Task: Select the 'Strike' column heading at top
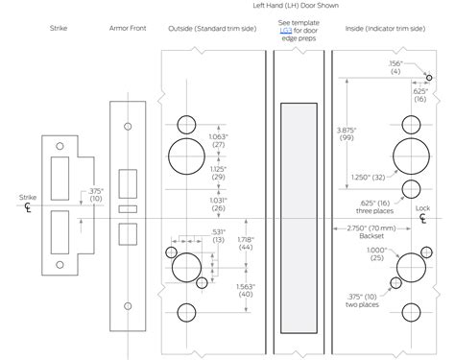[58, 29]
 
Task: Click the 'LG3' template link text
[286, 29]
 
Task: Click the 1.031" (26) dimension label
[218, 204]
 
